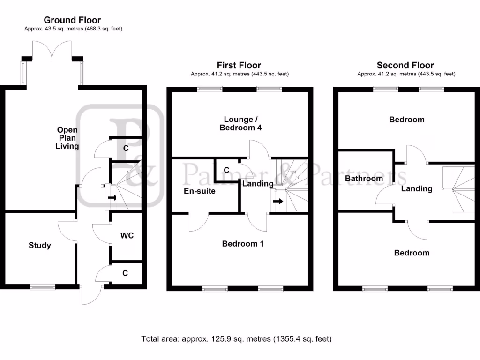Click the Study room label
[x=40, y=245]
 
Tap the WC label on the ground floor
[x=127, y=235]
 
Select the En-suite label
[x=200, y=191]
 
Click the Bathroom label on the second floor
[x=364, y=179]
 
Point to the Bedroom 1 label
[x=243, y=244]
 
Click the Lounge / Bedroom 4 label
[x=240, y=123]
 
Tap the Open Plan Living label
[x=67, y=138]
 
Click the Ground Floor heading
[x=72, y=20]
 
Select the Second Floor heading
[x=405, y=65]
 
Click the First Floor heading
[x=239, y=65]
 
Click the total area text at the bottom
[x=236, y=339]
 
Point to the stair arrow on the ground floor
[x=112, y=197]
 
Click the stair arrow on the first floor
[x=278, y=201]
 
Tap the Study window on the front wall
[x=43, y=287]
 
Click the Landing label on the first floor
[x=258, y=184]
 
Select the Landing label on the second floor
[x=417, y=188]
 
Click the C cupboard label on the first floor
[x=226, y=170]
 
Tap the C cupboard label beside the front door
[x=125, y=273]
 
